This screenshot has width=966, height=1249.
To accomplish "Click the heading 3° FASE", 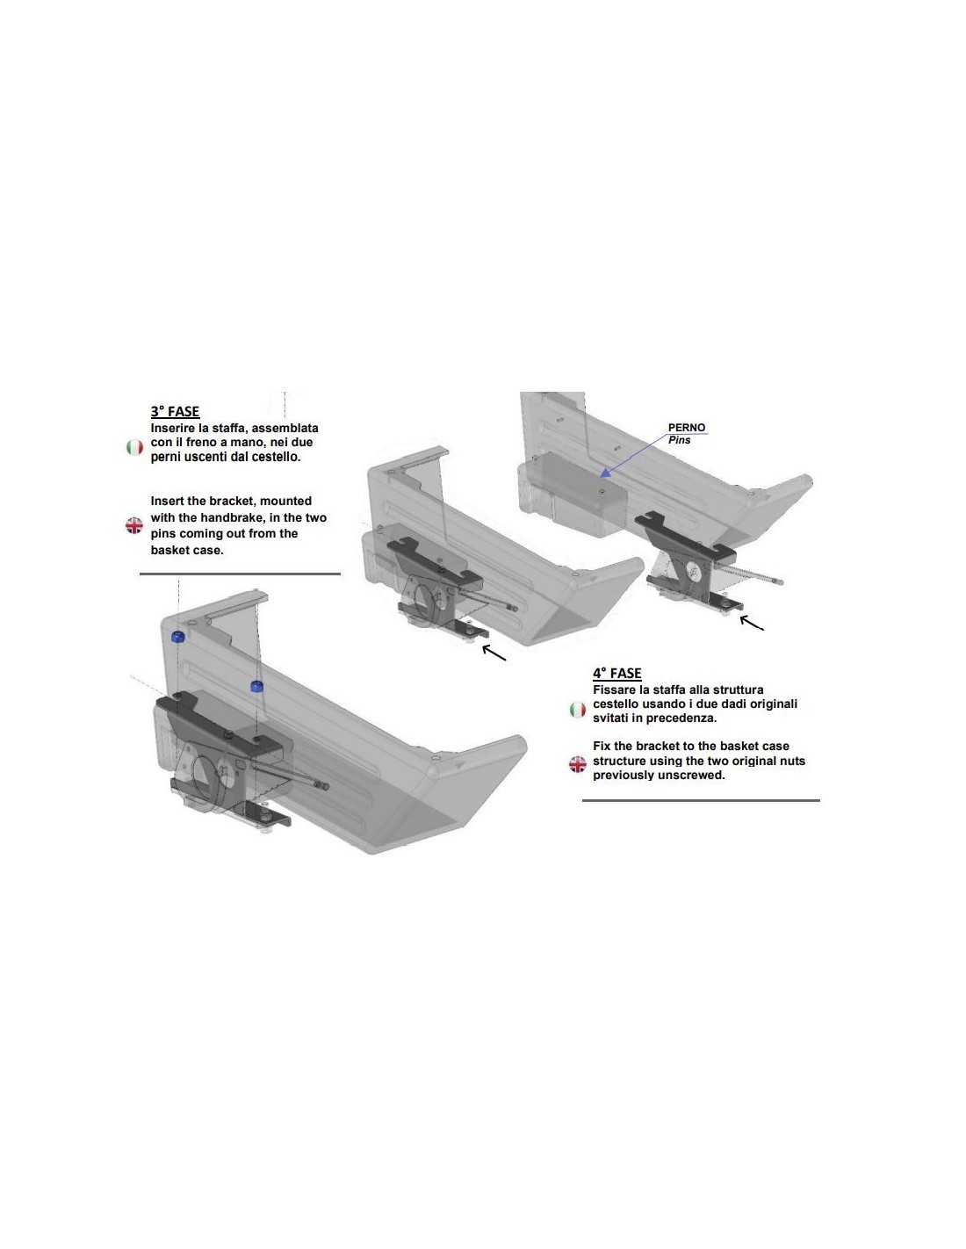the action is tap(175, 412).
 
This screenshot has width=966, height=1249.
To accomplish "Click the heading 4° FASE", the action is tap(616, 673).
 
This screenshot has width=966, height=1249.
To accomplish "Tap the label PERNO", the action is tap(686, 428).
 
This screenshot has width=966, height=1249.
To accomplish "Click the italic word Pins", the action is tap(679, 440).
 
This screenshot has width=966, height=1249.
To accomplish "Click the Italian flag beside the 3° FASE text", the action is tap(134, 447).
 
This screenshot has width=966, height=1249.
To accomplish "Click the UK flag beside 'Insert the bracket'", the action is tap(134, 525).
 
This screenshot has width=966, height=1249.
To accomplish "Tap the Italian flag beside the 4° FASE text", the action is tap(578, 710).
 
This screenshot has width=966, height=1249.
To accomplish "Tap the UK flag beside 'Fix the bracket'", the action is tap(578, 764).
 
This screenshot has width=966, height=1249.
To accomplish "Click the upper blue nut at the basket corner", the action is tap(177, 636).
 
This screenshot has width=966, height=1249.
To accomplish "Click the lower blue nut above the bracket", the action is tap(257, 686).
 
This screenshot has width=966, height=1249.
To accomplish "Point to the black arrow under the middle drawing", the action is tap(494, 653).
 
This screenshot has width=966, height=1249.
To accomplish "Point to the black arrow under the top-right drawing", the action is tap(752, 623).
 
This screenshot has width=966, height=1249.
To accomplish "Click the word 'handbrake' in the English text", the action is tap(230, 517).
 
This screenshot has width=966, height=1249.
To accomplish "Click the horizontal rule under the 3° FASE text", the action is tap(241, 573).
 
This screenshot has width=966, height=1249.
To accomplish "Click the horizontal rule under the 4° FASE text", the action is tap(701, 800).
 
